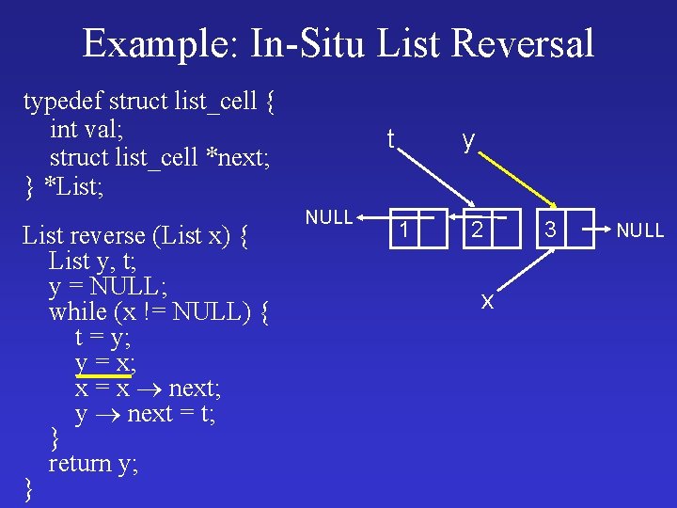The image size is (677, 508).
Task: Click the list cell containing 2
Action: coord(478,228)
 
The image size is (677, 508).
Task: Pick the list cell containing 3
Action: coord(552,228)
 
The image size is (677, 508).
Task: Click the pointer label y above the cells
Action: coord(467,141)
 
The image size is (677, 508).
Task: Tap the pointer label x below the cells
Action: coord(487,300)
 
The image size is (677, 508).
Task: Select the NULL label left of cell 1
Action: coord(329,217)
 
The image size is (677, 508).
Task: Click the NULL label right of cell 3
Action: coord(640,230)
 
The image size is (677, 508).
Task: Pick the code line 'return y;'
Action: coord(93,463)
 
